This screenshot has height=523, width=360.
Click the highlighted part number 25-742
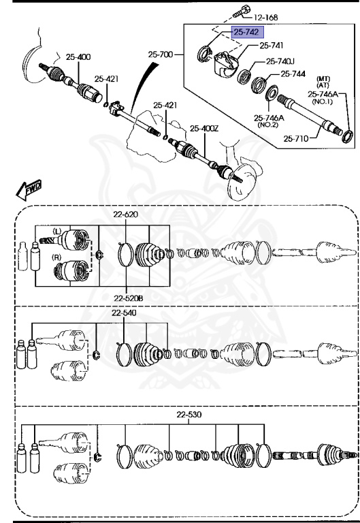(248, 32)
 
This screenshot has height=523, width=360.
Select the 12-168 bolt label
(266, 16)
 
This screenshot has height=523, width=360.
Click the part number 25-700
(161, 52)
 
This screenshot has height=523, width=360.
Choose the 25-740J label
(283, 61)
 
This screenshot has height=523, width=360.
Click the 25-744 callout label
(293, 74)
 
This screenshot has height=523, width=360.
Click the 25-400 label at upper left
(78, 57)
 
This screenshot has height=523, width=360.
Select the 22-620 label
(126, 215)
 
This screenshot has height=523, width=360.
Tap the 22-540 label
(125, 313)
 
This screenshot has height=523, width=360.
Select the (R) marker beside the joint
(57, 257)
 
